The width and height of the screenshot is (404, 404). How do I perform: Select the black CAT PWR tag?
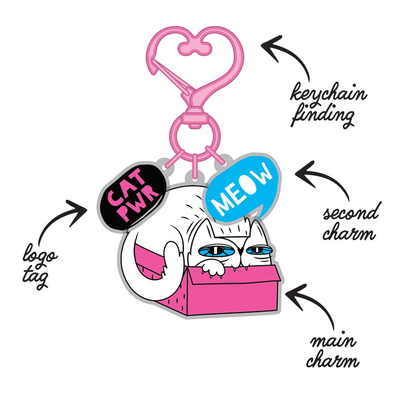(133, 197)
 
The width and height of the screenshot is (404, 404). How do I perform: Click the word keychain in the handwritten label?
(328, 93)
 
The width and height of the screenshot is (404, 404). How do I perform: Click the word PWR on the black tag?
(137, 207)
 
